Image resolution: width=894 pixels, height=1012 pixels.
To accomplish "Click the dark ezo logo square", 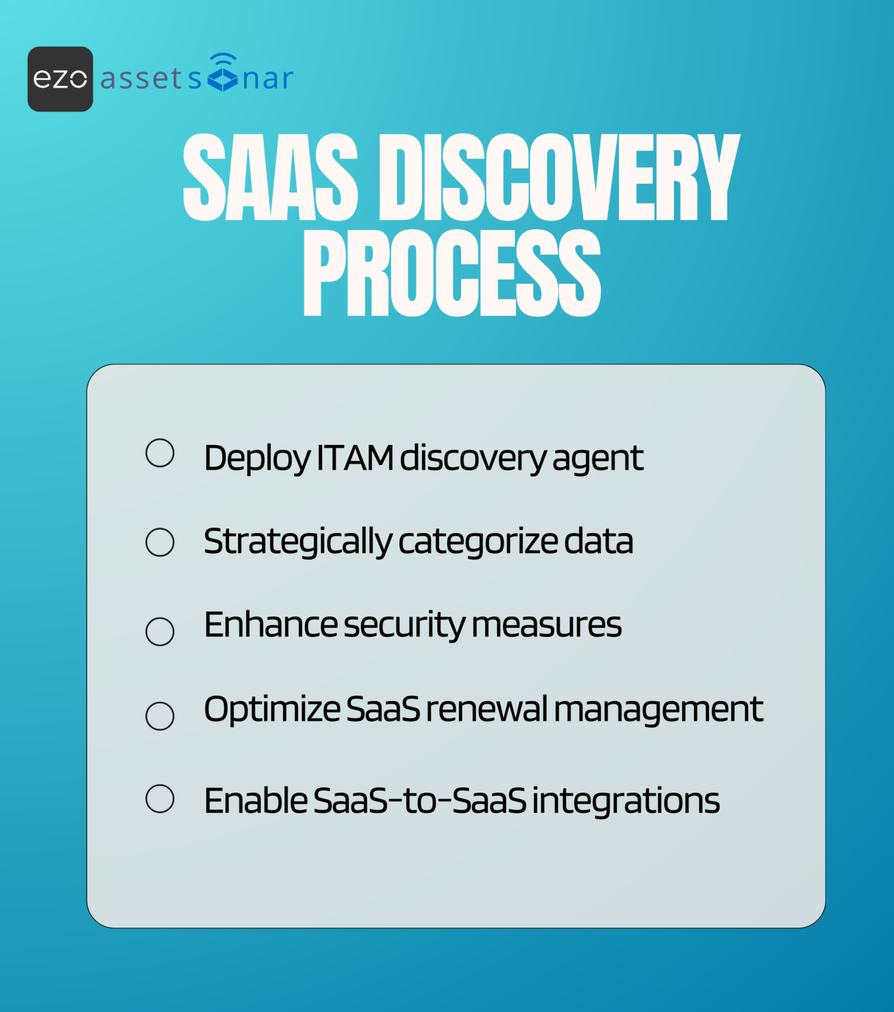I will tap(60, 79).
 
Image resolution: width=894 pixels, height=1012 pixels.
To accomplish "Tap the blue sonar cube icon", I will tap(223, 74).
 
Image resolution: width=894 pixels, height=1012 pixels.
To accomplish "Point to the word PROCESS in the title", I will tap(452, 273).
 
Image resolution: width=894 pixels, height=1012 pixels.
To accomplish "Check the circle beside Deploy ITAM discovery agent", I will tap(160, 453).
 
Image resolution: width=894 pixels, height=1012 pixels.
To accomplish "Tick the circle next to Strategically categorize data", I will tap(160, 542).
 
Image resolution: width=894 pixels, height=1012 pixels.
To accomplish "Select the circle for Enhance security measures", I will tap(160, 631).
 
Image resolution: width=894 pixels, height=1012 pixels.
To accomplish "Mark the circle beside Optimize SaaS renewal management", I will tap(160, 716).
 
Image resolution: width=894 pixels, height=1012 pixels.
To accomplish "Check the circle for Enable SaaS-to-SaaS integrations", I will tap(160, 799).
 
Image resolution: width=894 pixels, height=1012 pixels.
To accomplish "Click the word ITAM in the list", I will tap(355, 458).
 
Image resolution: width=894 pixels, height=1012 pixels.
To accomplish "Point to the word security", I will tap(404, 625).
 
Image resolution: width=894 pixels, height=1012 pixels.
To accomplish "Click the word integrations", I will tap(625, 801).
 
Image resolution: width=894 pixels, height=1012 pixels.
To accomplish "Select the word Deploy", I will tap(257, 459).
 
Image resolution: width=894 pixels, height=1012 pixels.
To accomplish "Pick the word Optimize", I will tap(272, 710).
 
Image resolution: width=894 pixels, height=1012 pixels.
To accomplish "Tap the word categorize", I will tap(479, 542).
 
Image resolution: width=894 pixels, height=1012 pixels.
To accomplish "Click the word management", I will tap(658, 710).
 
